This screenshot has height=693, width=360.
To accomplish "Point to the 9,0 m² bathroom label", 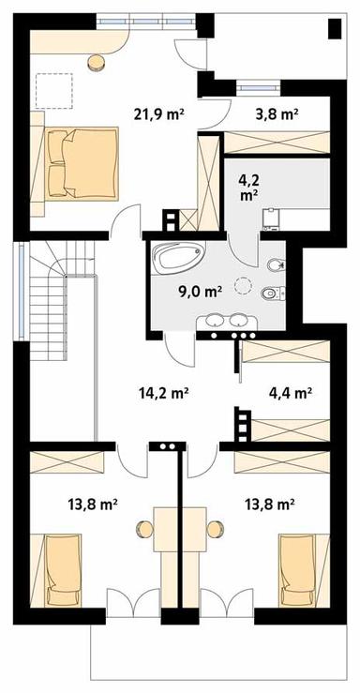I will click(x=199, y=290).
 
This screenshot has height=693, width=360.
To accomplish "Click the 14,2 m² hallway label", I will click(x=170, y=393).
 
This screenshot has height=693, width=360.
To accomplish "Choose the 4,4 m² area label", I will click(x=290, y=393).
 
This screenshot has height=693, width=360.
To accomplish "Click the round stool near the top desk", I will click(x=96, y=63).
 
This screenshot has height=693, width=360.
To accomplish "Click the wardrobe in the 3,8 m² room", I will click(x=277, y=144).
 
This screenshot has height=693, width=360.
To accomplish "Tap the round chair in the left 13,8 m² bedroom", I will click(x=144, y=526).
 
